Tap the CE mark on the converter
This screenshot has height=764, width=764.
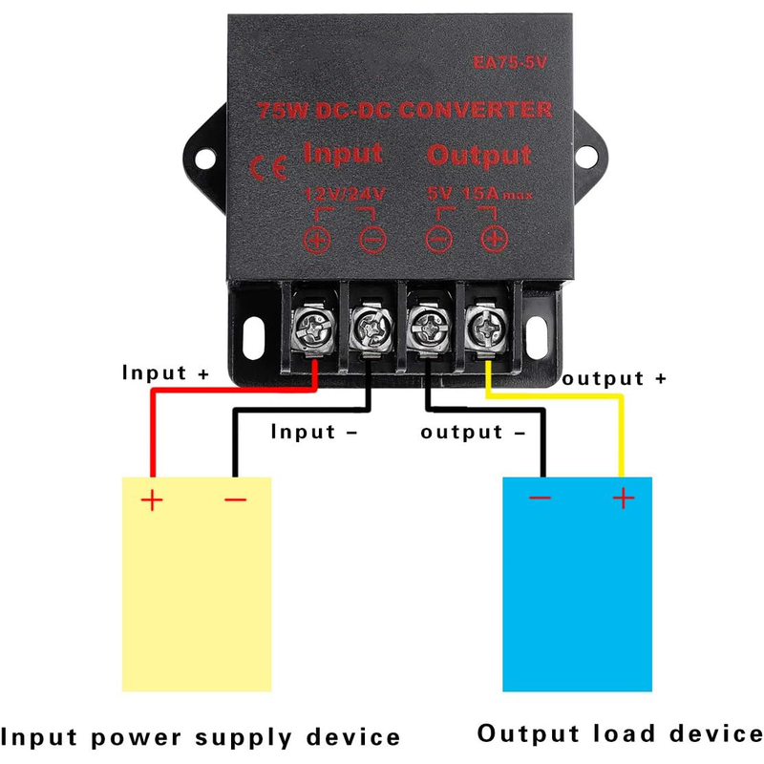pyautogui.click(x=267, y=168)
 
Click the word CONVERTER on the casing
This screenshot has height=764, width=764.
pyautogui.click(x=476, y=110)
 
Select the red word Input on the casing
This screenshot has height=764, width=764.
pyautogui.click(x=342, y=153)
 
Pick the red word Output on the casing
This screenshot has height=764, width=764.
pyautogui.click(x=479, y=155)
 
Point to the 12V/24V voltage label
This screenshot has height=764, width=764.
pyautogui.click(x=344, y=194)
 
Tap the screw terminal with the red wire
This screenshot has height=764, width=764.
pyautogui.click(x=314, y=332)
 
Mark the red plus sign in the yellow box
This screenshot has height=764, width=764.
pyautogui.click(x=151, y=499)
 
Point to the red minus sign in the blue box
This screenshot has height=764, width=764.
pyautogui.click(x=540, y=498)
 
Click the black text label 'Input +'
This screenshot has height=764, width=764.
pyautogui.click(x=164, y=372)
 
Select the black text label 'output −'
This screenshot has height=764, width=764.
pyautogui.click(x=474, y=432)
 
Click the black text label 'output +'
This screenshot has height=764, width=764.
pyautogui.click(x=614, y=378)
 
